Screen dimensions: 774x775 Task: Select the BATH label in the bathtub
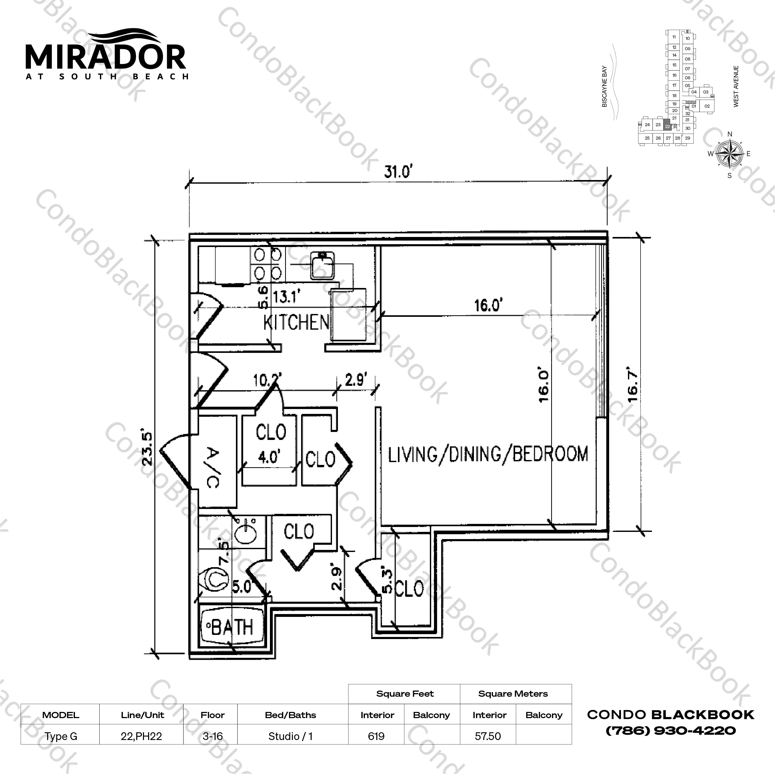[232, 627]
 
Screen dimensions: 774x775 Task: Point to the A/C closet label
[213, 467]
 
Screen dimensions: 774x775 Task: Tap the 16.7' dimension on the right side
[632, 387]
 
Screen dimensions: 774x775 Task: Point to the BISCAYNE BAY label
[604, 86]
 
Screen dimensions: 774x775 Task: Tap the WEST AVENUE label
[736, 86]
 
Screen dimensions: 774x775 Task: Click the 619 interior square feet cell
[376, 736]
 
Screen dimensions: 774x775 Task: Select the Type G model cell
[61, 736]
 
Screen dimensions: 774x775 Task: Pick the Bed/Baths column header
[291, 715]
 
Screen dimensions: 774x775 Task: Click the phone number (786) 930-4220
[670, 730]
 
